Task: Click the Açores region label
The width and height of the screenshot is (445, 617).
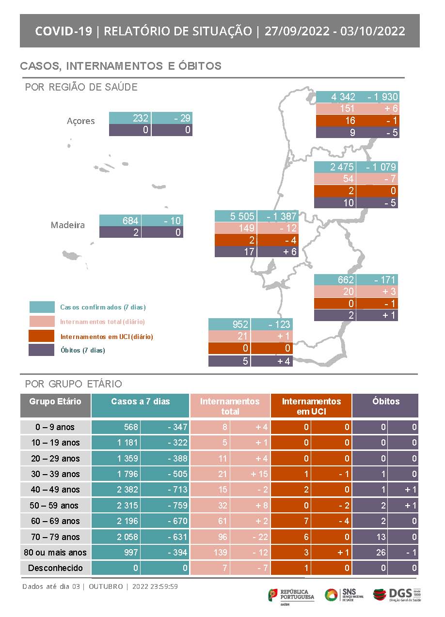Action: point(80,121)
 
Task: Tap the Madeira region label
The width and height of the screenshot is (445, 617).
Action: point(68,225)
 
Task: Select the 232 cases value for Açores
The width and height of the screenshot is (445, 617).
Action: point(130,118)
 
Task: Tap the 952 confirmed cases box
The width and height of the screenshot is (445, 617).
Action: point(229,324)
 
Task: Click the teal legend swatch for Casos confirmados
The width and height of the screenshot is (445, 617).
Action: point(42,307)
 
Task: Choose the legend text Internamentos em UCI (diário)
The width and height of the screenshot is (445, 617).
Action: point(107,336)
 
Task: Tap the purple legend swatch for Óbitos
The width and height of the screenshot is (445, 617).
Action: point(42,350)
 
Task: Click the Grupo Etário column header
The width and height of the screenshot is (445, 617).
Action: point(55,401)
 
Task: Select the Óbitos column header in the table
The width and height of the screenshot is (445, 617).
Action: point(385,401)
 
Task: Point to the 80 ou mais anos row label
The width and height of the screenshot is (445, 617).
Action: point(55,553)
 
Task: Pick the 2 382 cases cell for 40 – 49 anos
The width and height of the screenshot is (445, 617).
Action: point(116,490)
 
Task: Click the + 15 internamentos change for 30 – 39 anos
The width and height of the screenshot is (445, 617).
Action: point(250,474)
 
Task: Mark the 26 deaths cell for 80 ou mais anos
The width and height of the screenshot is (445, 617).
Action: point(370,553)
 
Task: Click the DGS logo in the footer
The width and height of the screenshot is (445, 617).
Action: point(397,594)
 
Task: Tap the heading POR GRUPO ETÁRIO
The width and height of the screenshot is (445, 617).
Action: point(74,384)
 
